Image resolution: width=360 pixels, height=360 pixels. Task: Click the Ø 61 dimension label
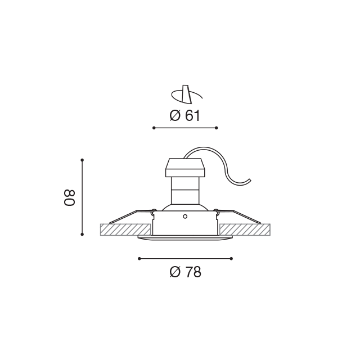[x=185, y=116]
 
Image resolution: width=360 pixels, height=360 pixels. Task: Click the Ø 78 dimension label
[x=185, y=272]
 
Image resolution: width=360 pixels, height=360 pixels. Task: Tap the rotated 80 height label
[x=69, y=197]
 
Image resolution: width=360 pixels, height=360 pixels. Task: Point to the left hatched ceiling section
[x=125, y=229]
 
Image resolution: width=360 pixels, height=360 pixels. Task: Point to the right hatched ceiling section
[x=245, y=229]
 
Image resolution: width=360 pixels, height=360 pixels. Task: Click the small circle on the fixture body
[x=185, y=216]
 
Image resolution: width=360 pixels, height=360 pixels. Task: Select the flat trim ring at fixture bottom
[x=185, y=237]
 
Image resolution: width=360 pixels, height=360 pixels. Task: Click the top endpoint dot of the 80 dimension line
[x=82, y=160]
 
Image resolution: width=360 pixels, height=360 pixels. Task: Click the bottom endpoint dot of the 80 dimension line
[x=82, y=234]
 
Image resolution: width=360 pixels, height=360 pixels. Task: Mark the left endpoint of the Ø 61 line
[x=154, y=128]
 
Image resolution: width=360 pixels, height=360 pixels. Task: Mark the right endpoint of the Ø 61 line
[x=217, y=128]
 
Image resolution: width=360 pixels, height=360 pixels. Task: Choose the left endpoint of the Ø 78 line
[x=139, y=259]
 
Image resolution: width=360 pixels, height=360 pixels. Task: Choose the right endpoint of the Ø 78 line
[x=231, y=259]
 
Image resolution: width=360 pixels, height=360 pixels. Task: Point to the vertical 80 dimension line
[x=82, y=197]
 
